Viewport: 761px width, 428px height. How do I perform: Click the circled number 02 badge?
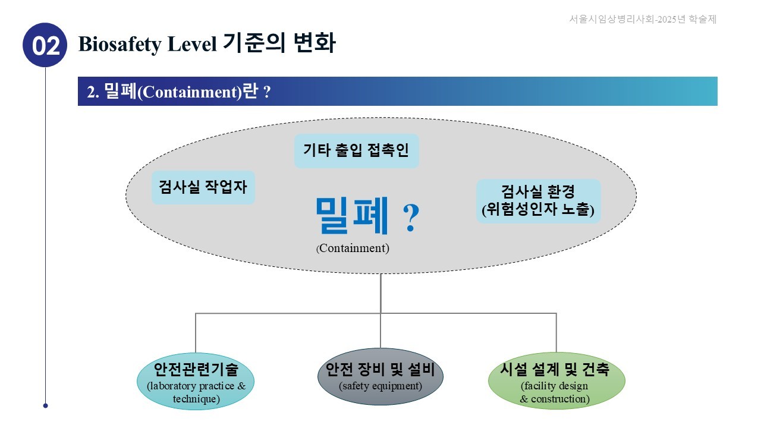[45, 45]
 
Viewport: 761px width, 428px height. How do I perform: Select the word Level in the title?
[196, 44]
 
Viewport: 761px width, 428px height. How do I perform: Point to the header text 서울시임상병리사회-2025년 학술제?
[643, 19]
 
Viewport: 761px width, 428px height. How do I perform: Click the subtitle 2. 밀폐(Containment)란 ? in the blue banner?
[179, 92]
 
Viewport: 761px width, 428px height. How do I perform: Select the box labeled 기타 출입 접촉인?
[356, 150]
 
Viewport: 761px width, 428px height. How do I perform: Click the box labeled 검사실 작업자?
[203, 187]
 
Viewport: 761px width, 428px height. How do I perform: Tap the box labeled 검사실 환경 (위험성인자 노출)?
[538, 201]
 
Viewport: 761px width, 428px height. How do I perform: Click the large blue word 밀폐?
[353, 215]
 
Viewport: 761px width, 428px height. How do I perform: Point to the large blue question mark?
[411, 219]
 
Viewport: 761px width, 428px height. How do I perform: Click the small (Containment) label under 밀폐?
[353, 248]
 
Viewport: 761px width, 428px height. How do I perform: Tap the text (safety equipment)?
[380, 386]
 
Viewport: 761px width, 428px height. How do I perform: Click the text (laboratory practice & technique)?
[196, 392]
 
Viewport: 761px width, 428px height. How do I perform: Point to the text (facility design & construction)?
[555, 392]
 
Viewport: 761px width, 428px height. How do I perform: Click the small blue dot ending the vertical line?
[45, 406]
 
